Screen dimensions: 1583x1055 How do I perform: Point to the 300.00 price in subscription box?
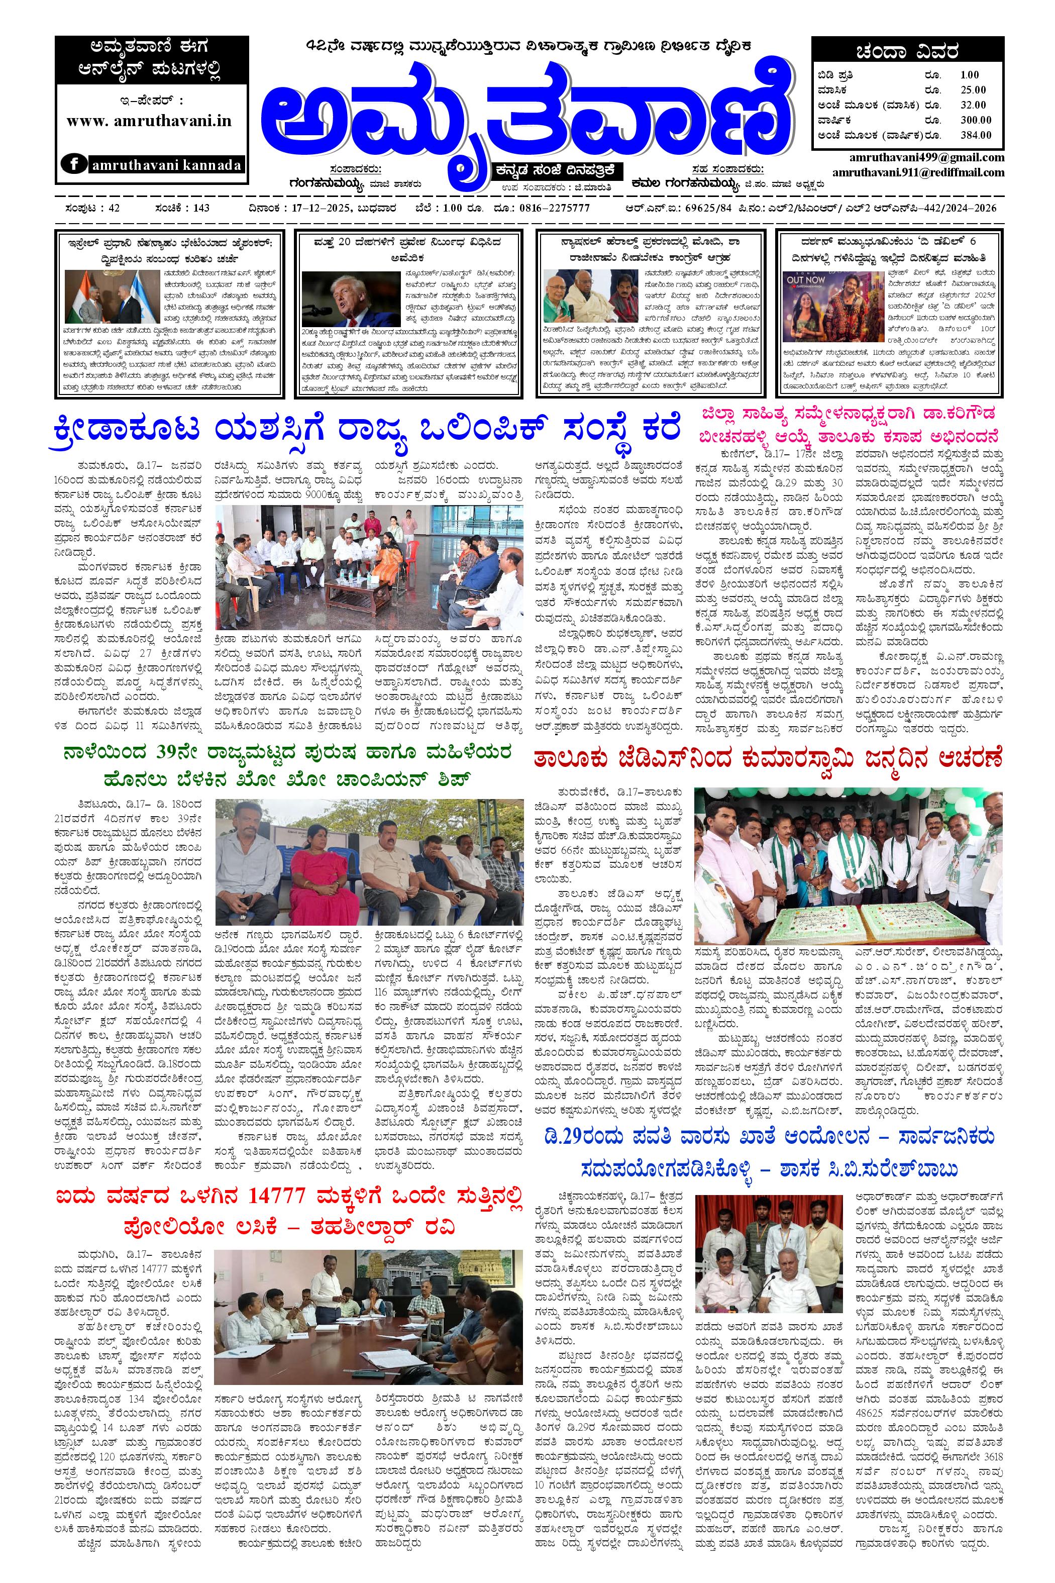coord(976,120)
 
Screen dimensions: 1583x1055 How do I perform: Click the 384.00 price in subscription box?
coord(976,135)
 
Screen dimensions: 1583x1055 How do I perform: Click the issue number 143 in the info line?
coord(200,208)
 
